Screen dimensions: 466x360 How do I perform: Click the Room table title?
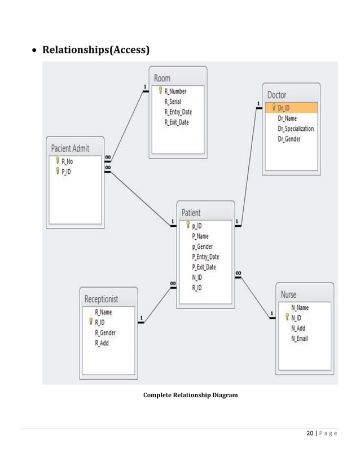[x=163, y=78]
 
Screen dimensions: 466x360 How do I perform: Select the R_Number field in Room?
[x=175, y=91]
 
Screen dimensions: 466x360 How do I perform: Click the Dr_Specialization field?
[x=296, y=129]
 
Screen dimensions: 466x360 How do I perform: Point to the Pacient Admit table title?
[x=71, y=148]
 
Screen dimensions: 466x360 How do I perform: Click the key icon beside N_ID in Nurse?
[x=287, y=318]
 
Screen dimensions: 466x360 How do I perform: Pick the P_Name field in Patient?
[x=201, y=236]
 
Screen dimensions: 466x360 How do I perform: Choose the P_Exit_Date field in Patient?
[x=204, y=267]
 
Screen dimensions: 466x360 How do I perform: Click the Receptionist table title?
[x=102, y=298]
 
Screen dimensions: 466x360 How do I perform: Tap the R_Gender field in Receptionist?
[x=105, y=332]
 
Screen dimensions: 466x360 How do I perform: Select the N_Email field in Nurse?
[x=300, y=338]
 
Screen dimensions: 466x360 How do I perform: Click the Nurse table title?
[x=288, y=294]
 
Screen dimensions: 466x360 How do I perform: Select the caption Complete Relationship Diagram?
[x=190, y=395]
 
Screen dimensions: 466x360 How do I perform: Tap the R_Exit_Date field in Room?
[x=177, y=122]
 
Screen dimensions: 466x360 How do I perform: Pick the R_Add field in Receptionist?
[x=102, y=342]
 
